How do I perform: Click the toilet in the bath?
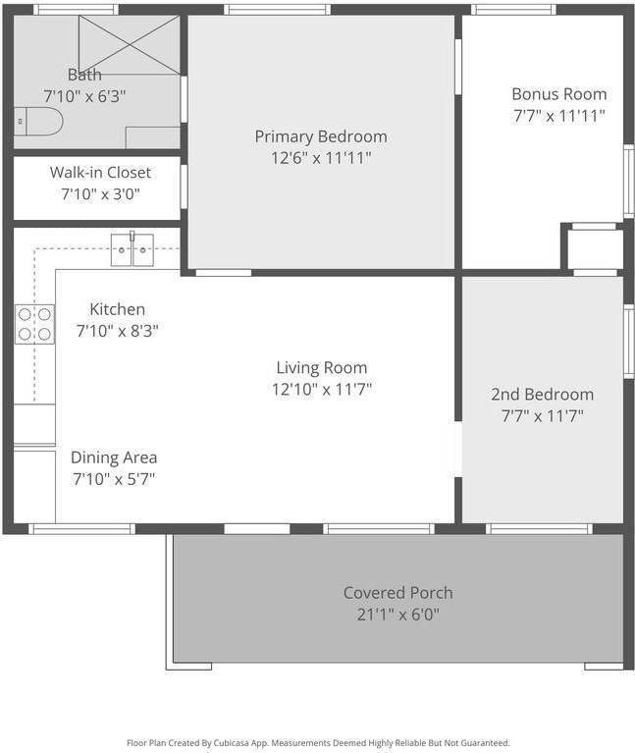[x=39, y=122]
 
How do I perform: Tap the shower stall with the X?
[x=129, y=44]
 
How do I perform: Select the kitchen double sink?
[x=132, y=250]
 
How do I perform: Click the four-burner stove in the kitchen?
[x=34, y=324]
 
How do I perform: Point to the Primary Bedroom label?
[x=321, y=136]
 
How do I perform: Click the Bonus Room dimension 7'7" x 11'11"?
[x=559, y=115]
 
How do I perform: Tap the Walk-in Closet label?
[x=100, y=173]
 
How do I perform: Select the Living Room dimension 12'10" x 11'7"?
[x=321, y=389]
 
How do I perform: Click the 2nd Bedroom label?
[x=542, y=395]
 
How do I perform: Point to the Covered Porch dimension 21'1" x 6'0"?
[x=397, y=615]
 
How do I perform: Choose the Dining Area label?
[x=114, y=457]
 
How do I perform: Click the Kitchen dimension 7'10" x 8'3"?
[x=118, y=331]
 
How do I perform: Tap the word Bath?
[x=84, y=75]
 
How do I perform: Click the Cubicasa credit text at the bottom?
[x=318, y=743]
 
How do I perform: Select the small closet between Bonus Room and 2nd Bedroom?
[x=595, y=249]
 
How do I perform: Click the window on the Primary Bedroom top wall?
[x=277, y=10]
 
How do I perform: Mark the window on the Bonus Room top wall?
[x=513, y=10]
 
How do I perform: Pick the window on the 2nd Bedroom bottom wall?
[x=539, y=529]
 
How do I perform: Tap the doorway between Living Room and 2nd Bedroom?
[x=458, y=450]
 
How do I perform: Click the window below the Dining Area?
[x=81, y=529]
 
